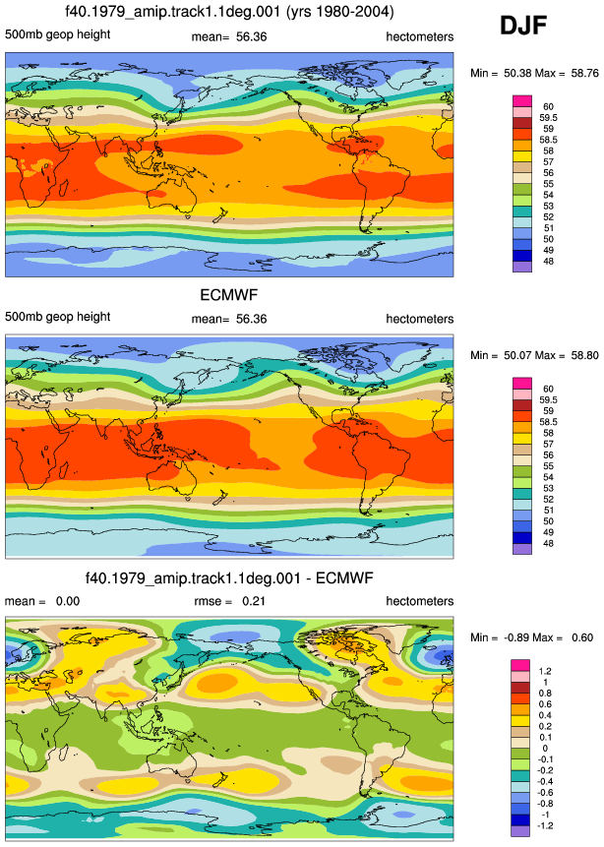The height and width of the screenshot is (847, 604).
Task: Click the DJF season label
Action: [x=523, y=26]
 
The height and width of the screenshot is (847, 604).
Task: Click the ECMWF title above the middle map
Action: [x=229, y=295]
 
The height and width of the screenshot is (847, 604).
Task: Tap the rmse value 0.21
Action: [x=254, y=601]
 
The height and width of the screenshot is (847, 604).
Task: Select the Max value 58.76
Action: [x=585, y=73]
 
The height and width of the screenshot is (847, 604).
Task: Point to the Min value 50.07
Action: [x=517, y=355]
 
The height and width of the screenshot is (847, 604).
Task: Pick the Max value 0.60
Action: [x=582, y=637]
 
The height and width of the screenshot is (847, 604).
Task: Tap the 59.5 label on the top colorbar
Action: [x=548, y=118]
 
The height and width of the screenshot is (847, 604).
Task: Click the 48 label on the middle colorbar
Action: [x=548, y=543]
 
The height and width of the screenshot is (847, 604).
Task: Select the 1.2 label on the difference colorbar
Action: [x=545, y=671]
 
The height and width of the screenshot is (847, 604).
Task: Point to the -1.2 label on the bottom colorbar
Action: [x=545, y=825]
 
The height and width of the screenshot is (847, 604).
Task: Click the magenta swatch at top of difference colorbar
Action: [x=520, y=665]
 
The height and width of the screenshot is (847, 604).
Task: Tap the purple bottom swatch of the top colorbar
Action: [x=522, y=267]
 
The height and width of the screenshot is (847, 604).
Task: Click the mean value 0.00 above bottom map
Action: [x=68, y=601]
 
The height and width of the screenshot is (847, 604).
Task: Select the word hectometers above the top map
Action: [x=420, y=36]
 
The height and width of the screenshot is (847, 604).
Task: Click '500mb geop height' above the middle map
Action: [x=58, y=317]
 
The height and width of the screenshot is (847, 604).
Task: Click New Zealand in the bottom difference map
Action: [x=221, y=779]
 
